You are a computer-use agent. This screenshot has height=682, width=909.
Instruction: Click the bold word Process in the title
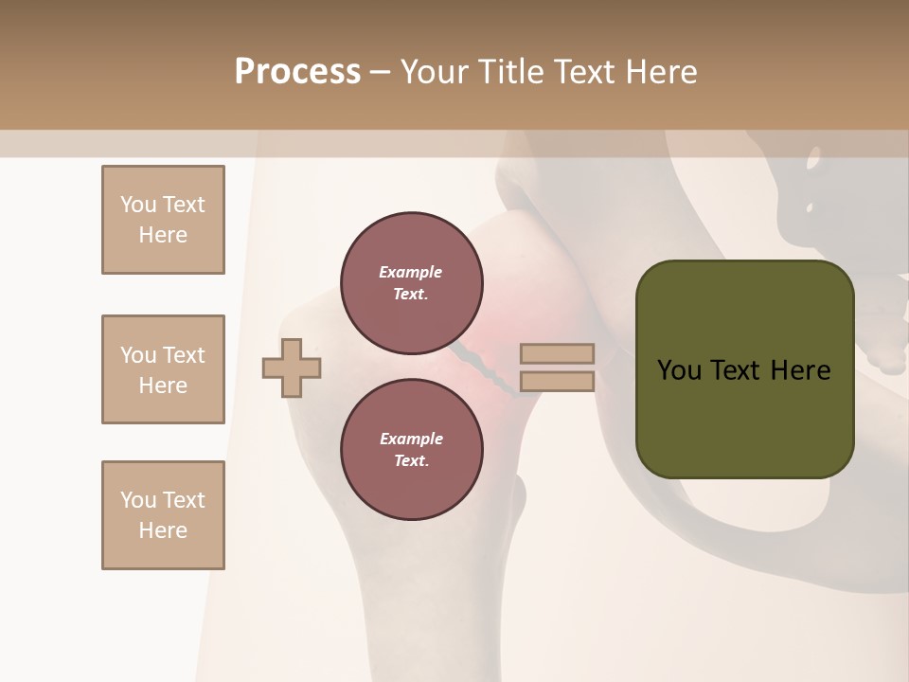click(297, 72)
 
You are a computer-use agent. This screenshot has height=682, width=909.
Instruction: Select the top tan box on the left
click(163, 220)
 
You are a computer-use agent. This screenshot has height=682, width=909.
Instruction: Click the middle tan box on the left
click(163, 369)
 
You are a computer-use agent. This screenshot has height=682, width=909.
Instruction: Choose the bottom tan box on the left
click(163, 515)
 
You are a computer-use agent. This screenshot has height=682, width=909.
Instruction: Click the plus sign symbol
click(292, 368)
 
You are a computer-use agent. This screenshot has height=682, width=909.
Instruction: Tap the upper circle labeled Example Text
click(411, 282)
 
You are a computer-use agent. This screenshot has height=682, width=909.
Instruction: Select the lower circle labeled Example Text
click(411, 449)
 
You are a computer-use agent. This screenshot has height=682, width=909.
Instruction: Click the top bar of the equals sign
click(557, 353)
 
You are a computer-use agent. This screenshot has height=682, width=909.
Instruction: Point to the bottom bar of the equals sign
click(557, 382)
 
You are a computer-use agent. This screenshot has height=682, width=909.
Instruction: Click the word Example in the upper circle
click(411, 272)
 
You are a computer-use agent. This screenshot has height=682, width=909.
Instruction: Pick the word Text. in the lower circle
click(411, 460)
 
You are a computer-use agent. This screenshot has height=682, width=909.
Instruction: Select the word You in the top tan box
click(138, 205)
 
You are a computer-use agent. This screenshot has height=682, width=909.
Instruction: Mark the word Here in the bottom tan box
click(163, 530)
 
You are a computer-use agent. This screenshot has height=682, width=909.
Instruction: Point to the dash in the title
click(380, 72)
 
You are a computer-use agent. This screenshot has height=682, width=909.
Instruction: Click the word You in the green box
click(680, 370)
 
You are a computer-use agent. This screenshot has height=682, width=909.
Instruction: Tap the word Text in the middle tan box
click(184, 355)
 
